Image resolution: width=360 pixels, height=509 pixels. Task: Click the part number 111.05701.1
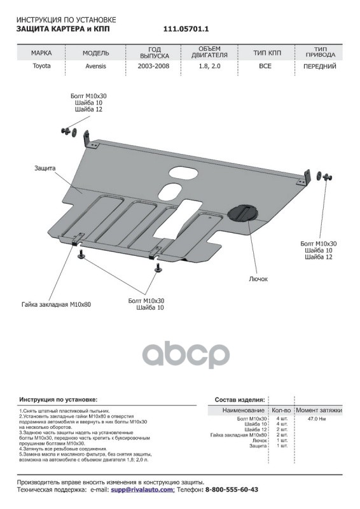click(186, 29)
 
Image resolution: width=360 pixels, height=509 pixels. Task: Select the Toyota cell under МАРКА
click(41, 66)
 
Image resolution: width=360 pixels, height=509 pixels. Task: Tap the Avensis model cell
click(96, 66)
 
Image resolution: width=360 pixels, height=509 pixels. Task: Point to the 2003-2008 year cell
click(153, 66)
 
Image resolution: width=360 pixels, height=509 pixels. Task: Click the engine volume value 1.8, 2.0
click(209, 66)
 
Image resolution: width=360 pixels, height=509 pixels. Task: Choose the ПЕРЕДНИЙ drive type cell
click(320, 67)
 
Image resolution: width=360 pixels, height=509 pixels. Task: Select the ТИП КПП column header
click(267, 53)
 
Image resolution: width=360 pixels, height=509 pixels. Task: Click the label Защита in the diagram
click(45, 168)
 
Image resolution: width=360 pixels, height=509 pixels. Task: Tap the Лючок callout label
click(258, 279)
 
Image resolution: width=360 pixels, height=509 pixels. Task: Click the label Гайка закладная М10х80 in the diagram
click(56, 305)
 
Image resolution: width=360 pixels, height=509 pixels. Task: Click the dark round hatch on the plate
click(243, 213)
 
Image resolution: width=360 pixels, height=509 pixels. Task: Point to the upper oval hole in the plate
click(184, 172)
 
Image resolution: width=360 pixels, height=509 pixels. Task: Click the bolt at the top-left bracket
click(66, 131)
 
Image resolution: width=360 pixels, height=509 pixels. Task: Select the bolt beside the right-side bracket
click(328, 177)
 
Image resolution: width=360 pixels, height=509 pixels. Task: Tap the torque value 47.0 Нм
click(317, 419)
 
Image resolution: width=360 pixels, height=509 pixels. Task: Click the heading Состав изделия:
click(240, 400)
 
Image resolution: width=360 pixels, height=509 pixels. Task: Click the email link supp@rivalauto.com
click(143, 489)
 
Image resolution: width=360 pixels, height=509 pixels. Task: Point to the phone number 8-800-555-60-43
click(232, 489)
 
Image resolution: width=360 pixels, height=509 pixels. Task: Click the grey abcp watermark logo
click(186, 354)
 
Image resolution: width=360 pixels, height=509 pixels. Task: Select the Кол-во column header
click(281, 410)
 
